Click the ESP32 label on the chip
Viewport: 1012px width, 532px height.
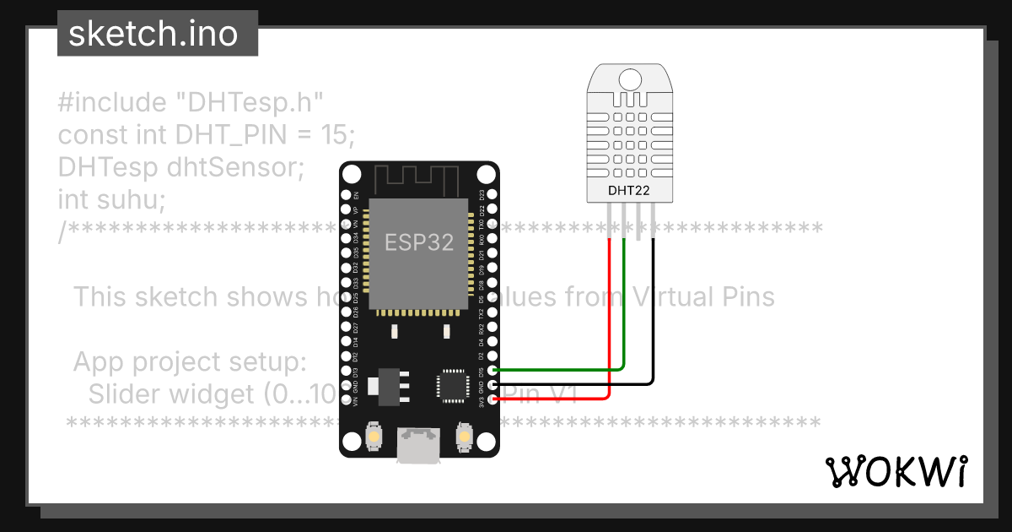pos(419,242)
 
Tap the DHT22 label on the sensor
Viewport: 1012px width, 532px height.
pos(629,190)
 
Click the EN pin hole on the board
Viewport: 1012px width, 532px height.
pos(345,194)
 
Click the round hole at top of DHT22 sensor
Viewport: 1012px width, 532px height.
pos(630,80)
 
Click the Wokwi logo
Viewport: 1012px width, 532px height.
pos(896,472)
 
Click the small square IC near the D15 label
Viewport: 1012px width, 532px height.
pos(450,385)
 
